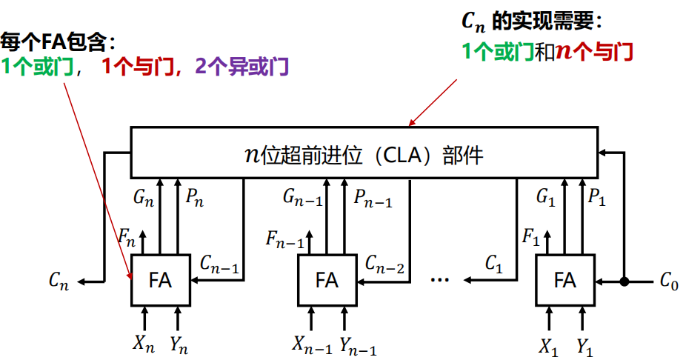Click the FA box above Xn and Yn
point(161,280)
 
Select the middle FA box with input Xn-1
point(326,280)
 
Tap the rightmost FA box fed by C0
point(565,280)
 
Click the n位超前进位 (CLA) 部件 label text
point(363,155)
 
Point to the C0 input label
point(668,281)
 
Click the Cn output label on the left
point(59,281)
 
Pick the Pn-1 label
point(373,199)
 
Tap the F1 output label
point(530,238)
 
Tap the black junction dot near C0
point(624,281)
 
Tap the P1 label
point(597,199)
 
